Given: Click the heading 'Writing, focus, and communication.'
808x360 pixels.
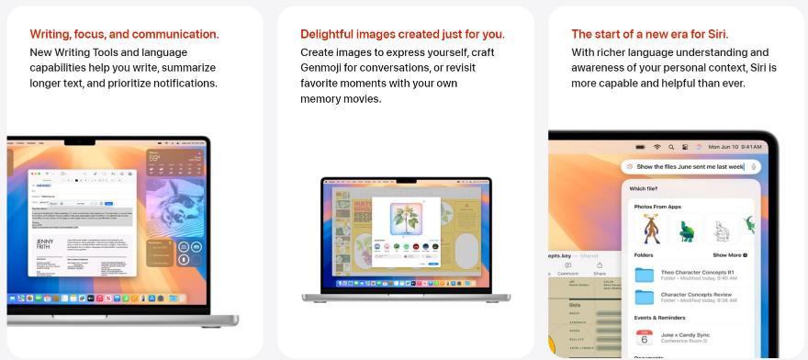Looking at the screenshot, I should click(x=124, y=34).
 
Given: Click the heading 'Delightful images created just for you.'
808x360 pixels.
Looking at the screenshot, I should click(x=402, y=34).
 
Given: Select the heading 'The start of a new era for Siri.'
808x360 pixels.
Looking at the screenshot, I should click(x=649, y=34).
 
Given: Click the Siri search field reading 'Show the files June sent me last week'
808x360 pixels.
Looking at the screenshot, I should click(x=690, y=166).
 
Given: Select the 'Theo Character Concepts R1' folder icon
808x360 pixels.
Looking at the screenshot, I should click(x=645, y=275).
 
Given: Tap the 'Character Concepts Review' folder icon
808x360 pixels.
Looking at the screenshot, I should click(x=645, y=297).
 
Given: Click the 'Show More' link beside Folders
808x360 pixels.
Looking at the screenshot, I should click(x=729, y=254).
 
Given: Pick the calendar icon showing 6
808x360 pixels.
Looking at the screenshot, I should click(x=645, y=338).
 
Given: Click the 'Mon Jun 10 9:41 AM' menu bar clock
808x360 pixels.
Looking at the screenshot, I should click(x=735, y=147).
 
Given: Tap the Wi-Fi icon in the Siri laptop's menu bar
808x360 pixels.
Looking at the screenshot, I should click(x=657, y=147).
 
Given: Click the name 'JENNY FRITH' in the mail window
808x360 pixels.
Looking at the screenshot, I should click(x=44, y=245).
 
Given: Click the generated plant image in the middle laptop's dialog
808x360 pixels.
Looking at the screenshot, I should click(x=406, y=220).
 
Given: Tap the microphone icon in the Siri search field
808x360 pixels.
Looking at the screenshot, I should click(x=754, y=166).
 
